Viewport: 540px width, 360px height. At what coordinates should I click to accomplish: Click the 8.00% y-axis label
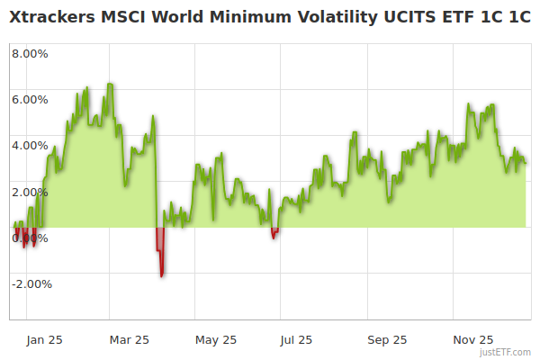pyautogui.click(x=31, y=53)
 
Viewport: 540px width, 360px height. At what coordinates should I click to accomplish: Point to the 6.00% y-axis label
pyautogui.click(x=31, y=99)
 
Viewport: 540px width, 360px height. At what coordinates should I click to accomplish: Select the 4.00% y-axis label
pyautogui.click(x=31, y=145)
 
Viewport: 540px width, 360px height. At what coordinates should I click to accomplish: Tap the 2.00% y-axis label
pyautogui.click(x=31, y=192)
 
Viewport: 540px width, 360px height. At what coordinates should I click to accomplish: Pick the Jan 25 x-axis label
pyautogui.click(x=44, y=339)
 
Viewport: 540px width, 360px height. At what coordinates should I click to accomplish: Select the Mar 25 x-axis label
pyautogui.click(x=129, y=339)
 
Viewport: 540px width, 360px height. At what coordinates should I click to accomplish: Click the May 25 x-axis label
pyautogui.click(x=216, y=339)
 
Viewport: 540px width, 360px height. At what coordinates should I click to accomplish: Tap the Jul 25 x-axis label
pyautogui.click(x=297, y=339)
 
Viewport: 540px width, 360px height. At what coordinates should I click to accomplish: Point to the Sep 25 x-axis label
pyautogui.click(x=387, y=339)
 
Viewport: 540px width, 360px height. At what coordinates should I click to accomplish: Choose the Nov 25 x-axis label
pyautogui.click(x=472, y=339)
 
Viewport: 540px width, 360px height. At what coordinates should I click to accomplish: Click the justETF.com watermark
pyautogui.click(x=506, y=353)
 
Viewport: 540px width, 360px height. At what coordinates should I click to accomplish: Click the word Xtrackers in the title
pyautogui.click(x=53, y=17)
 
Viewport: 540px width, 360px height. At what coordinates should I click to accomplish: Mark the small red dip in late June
pyautogui.click(x=274, y=236)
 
